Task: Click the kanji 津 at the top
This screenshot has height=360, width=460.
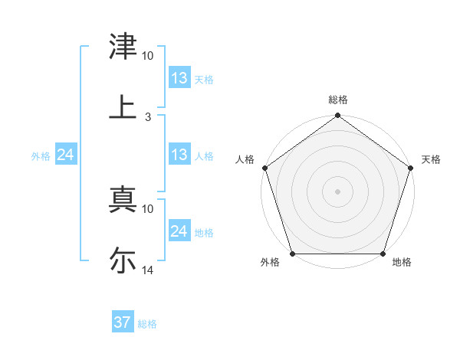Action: pos(123,47)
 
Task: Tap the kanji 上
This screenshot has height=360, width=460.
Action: pos(123,106)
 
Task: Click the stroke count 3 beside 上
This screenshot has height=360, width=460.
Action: pos(148,116)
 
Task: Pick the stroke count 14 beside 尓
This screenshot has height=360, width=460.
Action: pos(148,270)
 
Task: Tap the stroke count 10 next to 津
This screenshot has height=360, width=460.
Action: pos(148,56)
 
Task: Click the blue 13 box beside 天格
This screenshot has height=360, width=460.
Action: pos(179,78)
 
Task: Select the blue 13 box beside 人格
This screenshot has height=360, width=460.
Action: pos(179,155)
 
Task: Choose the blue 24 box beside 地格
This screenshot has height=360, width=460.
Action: pos(179,231)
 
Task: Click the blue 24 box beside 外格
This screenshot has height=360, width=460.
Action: pos(66,155)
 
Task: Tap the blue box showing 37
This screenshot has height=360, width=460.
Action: pos(123,322)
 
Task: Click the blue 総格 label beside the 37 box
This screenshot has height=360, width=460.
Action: pos(147,324)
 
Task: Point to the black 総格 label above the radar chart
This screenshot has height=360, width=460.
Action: pos(337,100)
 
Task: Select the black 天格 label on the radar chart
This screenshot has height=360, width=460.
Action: pos(432,159)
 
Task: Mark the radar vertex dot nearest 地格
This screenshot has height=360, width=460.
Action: pos(383,254)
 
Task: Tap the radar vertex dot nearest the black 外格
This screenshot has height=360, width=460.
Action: pos(292,254)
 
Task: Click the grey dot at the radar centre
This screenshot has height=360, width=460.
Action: pos(337,191)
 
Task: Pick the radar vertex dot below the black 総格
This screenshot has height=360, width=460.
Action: pos(337,116)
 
